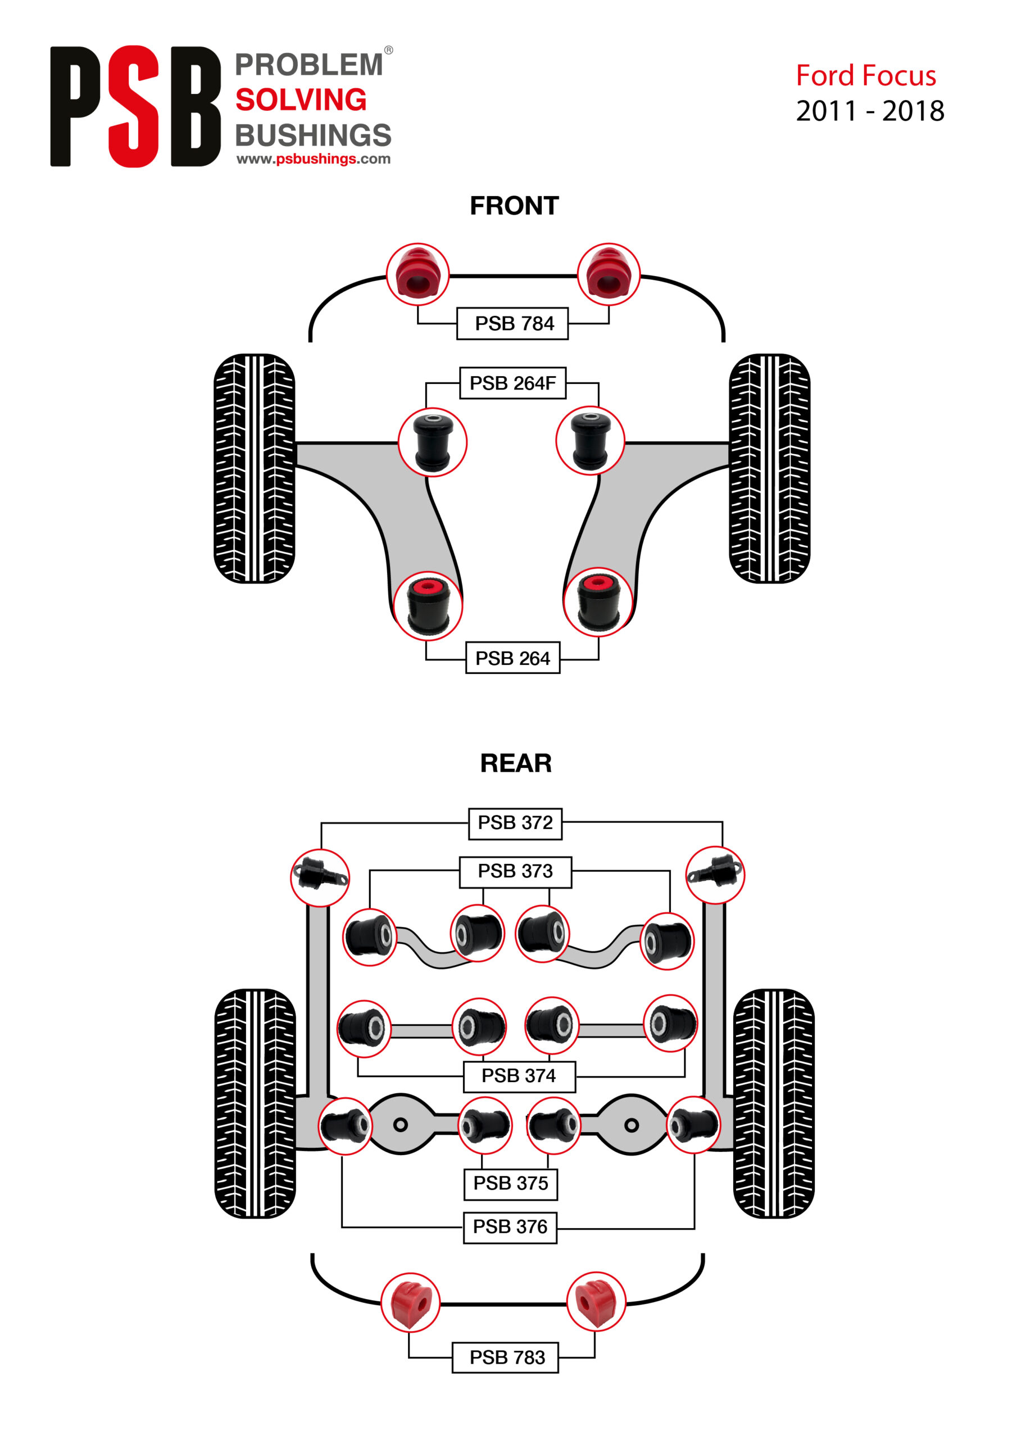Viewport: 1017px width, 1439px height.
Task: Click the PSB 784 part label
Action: click(512, 323)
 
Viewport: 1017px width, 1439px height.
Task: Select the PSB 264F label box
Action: click(512, 383)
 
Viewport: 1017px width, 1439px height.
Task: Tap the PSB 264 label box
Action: click(512, 658)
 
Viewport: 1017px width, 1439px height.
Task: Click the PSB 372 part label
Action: click(515, 823)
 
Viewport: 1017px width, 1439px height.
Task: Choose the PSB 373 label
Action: click(515, 872)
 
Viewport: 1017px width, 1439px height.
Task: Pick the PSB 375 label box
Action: click(510, 1184)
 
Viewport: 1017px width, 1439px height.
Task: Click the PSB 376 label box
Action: click(510, 1227)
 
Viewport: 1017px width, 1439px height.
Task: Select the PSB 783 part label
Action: click(505, 1357)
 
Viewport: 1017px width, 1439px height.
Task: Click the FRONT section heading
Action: click(514, 206)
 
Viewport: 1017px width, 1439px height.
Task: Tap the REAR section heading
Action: click(516, 763)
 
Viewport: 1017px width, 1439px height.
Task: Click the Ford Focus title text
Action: click(865, 76)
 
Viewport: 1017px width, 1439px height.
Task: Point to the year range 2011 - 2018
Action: click(870, 111)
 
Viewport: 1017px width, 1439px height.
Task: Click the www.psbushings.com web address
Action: click(314, 159)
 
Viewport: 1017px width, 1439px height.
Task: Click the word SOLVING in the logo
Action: click(301, 100)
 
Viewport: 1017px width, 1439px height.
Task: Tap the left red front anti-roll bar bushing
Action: click(417, 274)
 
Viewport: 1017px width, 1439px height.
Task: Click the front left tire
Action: click(254, 468)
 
